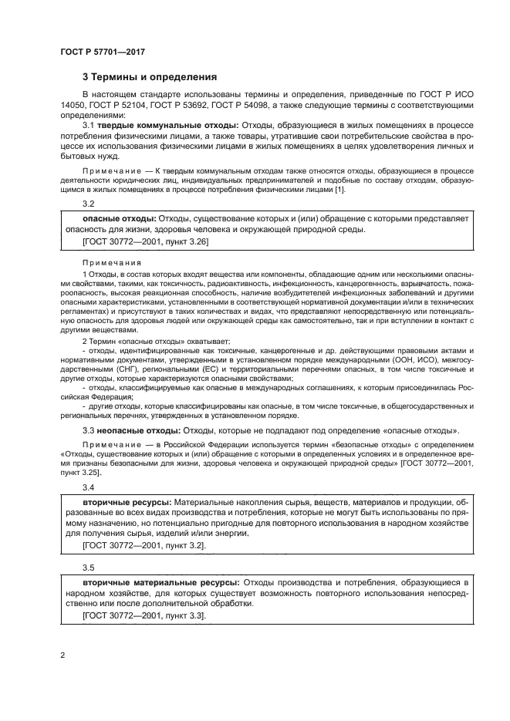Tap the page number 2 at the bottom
click(62, 655)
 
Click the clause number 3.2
click(88, 204)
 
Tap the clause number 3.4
click(88, 488)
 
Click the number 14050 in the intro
click(73, 103)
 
